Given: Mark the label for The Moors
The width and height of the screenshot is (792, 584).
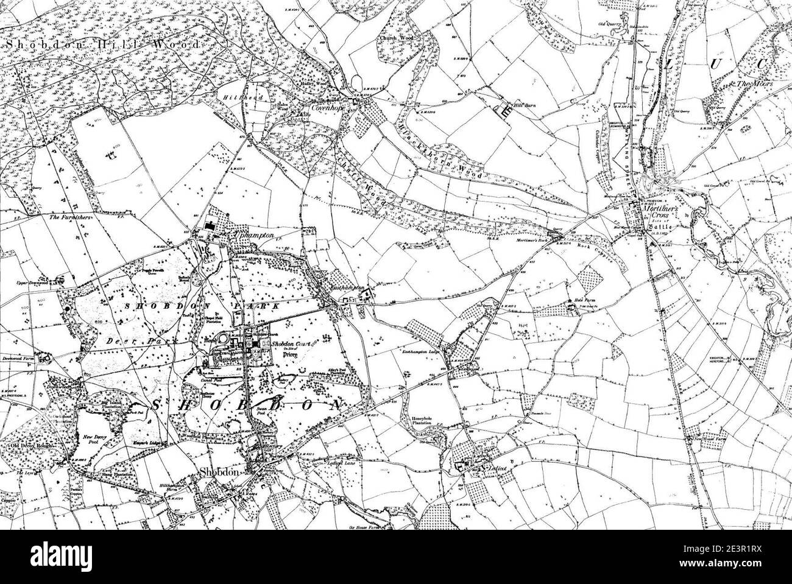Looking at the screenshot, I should tap(754, 83).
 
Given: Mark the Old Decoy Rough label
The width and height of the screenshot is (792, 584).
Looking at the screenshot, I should tap(33, 446).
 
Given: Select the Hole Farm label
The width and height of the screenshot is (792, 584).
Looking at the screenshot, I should tap(584, 300).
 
